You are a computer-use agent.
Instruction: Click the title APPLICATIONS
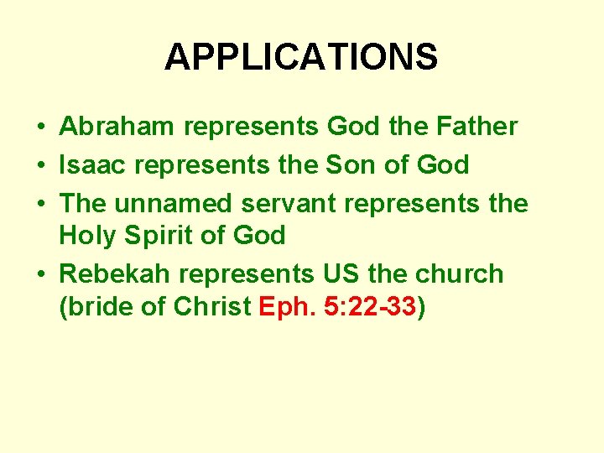coord(301,58)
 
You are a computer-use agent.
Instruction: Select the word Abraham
coord(118,128)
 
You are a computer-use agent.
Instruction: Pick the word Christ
coord(212,308)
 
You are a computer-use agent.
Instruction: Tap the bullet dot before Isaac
coord(40,165)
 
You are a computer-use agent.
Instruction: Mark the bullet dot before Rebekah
coord(40,274)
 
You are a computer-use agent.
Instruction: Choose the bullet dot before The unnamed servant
coord(40,203)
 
